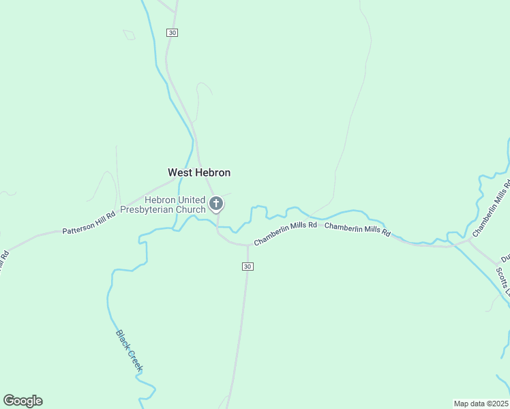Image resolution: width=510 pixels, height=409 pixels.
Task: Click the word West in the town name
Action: click(180, 172)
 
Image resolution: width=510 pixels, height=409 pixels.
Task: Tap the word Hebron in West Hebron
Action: click(213, 172)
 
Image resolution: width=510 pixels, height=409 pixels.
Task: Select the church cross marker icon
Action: click(216, 203)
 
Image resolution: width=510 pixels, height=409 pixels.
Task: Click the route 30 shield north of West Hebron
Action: click(172, 33)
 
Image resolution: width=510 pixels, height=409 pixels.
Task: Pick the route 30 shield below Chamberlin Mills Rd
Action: click(247, 266)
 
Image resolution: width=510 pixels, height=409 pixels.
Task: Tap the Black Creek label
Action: click(130, 351)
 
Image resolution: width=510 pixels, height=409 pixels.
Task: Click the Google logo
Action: click(22, 401)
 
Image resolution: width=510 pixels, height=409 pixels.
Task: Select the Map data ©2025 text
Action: click(481, 403)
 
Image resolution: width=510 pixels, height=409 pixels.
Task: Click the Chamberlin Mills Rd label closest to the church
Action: click(286, 233)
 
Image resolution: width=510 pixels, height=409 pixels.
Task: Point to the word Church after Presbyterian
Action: click(192, 209)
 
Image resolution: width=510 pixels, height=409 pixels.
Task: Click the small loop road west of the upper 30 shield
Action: click(129, 34)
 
